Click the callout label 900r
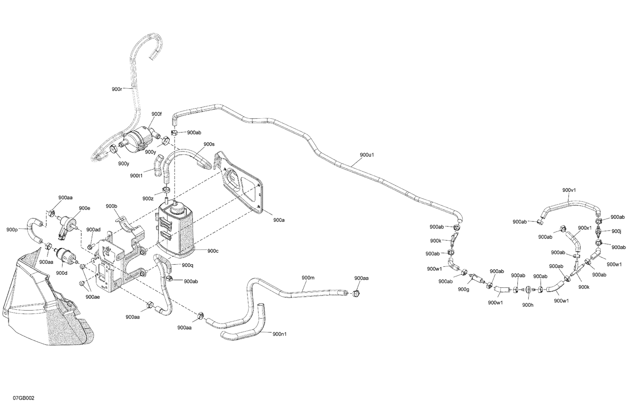click(117, 89)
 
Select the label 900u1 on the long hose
click(367, 154)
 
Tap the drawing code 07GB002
click(24, 398)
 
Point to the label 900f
click(156, 114)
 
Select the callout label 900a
click(278, 220)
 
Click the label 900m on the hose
click(308, 278)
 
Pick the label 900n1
click(280, 334)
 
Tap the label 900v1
click(569, 190)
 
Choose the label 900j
click(616, 231)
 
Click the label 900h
click(528, 305)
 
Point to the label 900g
click(464, 289)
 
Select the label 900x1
click(584, 228)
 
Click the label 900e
click(85, 208)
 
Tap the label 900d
click(61, 273)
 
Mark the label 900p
click(12, 230)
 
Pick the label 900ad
click(93, 229)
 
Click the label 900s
click(209, 144)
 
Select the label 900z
click(148, 198)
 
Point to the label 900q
click(188, 265)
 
